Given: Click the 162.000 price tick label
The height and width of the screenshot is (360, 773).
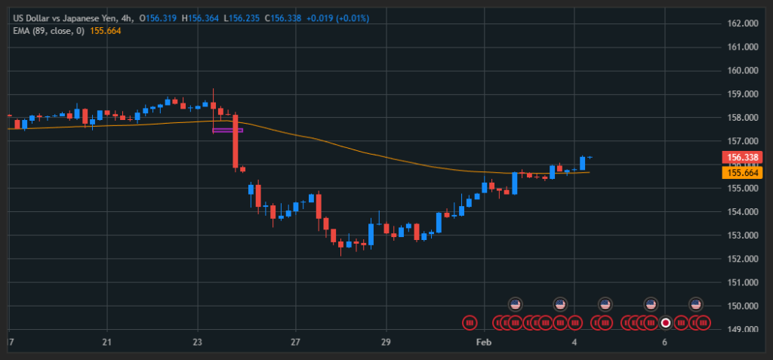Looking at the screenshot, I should point(742,23).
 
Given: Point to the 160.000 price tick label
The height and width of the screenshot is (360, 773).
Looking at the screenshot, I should point(742,71).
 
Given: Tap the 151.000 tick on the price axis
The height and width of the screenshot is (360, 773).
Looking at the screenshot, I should point(742,283).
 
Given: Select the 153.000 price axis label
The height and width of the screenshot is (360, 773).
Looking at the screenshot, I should point(742,235).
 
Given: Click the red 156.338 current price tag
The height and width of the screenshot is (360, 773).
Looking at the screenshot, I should point(741,158).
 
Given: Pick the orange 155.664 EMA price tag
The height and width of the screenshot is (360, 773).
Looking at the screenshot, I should point(741,173).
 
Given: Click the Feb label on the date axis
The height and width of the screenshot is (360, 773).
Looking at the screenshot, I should point(484,342).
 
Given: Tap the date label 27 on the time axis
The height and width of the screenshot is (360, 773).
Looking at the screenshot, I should point(295,342).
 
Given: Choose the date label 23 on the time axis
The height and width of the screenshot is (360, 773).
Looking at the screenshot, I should point(197,342).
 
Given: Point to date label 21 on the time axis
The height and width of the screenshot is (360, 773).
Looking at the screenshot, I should point(106,342).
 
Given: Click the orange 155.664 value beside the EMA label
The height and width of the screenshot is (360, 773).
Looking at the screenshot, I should point(106,31).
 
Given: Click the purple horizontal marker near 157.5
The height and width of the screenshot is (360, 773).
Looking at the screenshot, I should point(227,131).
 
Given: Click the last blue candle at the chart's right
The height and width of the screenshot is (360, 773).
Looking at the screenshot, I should point(583,162).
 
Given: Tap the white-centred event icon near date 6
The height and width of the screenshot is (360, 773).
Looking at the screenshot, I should point(665,323).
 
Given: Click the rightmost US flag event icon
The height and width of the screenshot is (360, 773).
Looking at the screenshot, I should point(697,304).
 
